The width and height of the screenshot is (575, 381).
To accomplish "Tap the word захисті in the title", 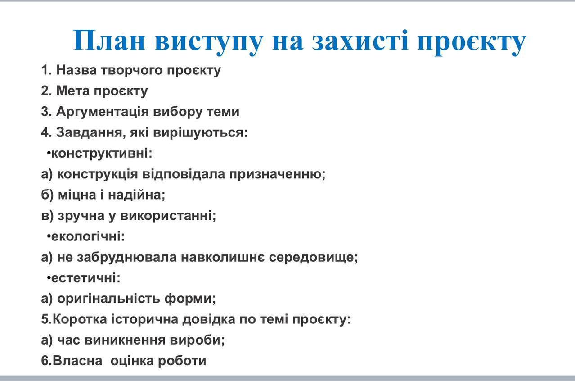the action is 360,41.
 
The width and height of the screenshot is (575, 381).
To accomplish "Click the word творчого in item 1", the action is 132,71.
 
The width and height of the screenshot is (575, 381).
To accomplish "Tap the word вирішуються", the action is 201,133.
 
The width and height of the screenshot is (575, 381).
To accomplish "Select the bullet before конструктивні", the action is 49,154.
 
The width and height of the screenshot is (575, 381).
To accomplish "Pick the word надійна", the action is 137,195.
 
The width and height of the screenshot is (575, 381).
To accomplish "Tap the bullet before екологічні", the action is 49,236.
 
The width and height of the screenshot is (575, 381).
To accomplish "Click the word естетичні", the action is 86,278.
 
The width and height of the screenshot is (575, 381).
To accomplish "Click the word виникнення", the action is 125,340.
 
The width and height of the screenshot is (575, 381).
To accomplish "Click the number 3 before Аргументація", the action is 45,112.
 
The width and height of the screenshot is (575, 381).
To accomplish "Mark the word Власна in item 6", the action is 77,361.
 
